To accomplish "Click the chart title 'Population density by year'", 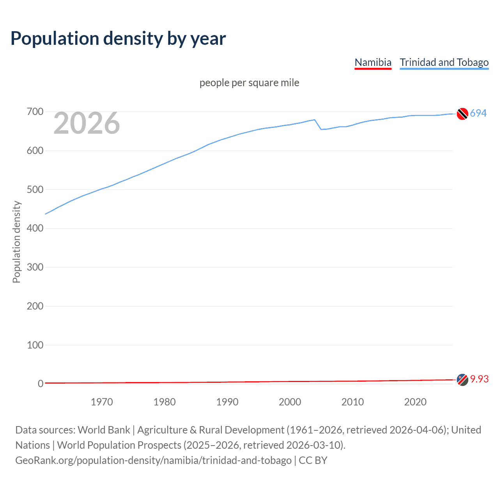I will tap(118, 39).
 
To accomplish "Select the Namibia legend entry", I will tap(373, 62).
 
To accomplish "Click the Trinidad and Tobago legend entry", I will tap(444, 62).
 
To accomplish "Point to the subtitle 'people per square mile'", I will tap(249, 83).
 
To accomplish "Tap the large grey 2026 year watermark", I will tap(87, 123).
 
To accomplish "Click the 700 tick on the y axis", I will tap(35, 112).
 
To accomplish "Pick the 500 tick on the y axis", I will tap(35, 189).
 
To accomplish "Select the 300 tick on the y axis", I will tap(35, 267).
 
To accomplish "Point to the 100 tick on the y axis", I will tap(35, 345).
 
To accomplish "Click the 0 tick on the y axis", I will tap(41, 384).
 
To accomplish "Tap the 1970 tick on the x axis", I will tap(102, 402).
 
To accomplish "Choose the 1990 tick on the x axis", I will tap(227, 402).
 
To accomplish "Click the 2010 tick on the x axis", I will tap(352, 402).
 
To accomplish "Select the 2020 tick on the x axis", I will tap(415, 402).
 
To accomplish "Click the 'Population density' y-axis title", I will tap(16, 242).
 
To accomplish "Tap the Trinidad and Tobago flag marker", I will tap(462, 114).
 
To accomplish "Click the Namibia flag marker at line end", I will tap(462, 380).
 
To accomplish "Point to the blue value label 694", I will tap(478, 113).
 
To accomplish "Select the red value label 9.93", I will tap(480, 379).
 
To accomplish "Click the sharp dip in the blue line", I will tap(321, 129).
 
